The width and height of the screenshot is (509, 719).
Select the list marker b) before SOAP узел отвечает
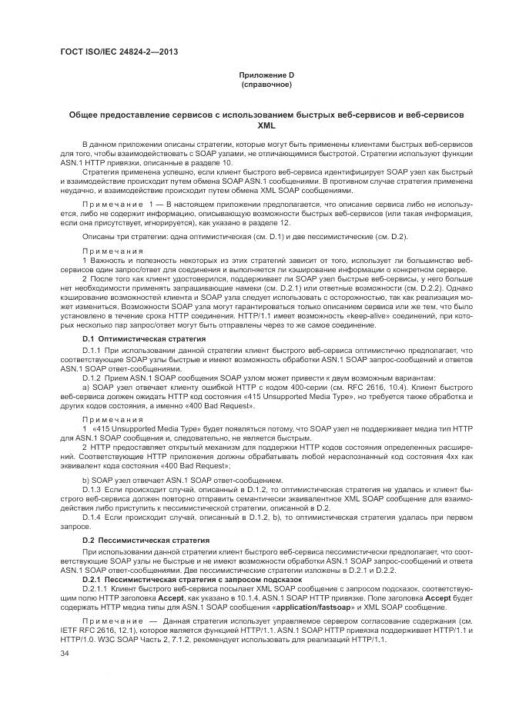(85, 480)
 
